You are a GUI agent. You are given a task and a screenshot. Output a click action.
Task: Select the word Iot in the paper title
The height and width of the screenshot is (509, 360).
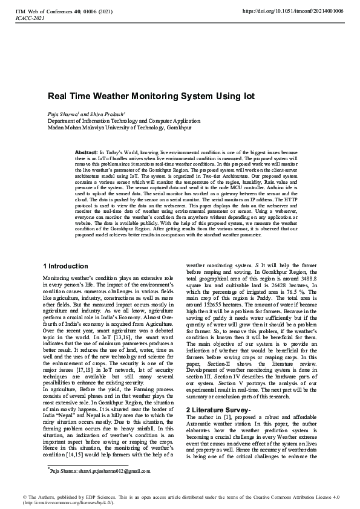point(247,96)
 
